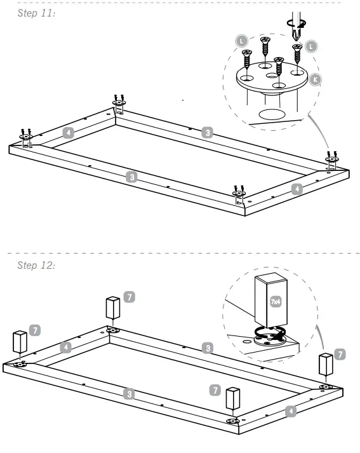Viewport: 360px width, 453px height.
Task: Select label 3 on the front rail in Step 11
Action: pos(131,177)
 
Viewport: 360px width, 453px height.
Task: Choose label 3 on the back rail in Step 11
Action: pos(206,133)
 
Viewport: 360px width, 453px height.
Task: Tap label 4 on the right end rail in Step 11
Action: pos(294,189)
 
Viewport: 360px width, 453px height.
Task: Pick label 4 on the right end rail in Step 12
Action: pos(291,411)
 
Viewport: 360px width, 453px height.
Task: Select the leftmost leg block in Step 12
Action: pos(20,342)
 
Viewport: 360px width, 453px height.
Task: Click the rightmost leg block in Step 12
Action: pos(326,365)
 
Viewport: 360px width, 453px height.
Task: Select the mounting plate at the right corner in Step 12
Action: pos(326,386)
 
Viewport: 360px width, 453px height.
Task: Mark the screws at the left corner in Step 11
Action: pos(25,135)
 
